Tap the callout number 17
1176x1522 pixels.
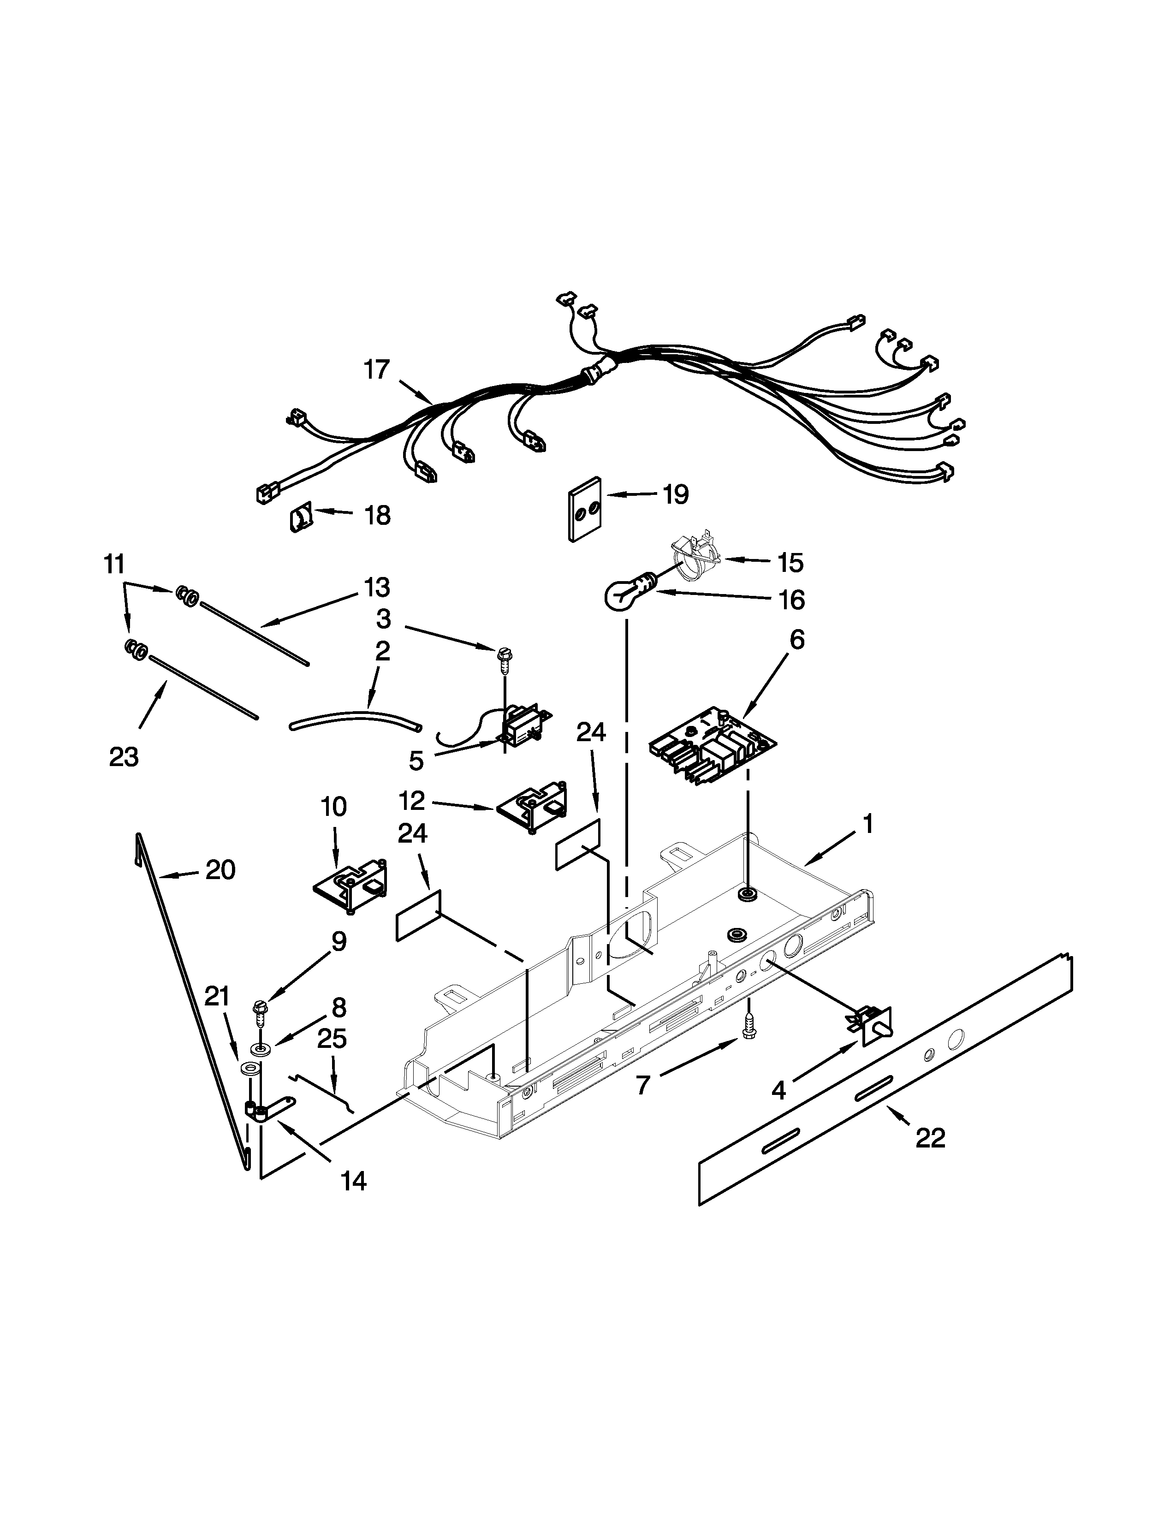coord(377,369)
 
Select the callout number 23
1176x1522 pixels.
coord(124,757)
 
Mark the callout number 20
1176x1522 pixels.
coord(220,870)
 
